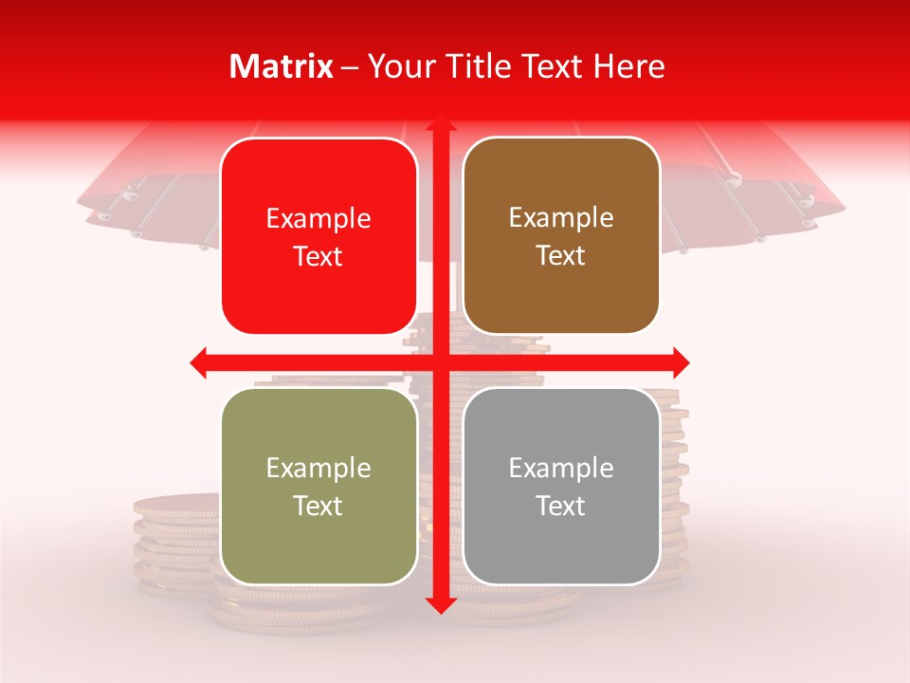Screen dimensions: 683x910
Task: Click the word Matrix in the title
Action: tap(282, 66)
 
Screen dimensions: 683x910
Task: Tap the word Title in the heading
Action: tap(476, 66)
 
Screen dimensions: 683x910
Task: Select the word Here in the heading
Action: tap(629, 66)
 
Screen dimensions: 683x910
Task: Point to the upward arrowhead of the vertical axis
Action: tap(440, 125)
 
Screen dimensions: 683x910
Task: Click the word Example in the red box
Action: tap(318, 219)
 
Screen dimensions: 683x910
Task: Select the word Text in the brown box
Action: tap(561, 256)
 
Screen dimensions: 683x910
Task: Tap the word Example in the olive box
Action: tap(318, 468)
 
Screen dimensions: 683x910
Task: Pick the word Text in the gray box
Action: tap(561, 506)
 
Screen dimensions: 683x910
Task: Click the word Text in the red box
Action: tap(318, 256)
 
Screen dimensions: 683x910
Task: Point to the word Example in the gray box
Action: tap(561, 468)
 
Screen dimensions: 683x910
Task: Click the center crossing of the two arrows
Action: tap(440, 362)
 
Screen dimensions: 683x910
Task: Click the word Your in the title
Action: tap(400, 66)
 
